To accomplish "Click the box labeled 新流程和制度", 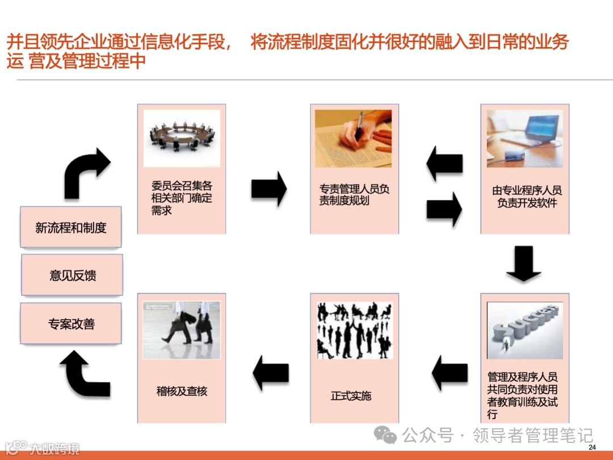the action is tap(70, 228).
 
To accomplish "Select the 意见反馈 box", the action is tap(72, 275).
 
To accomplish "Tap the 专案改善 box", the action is tap(71, 324).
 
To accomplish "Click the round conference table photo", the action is tap(182, 138).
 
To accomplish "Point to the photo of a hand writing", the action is tap(353, 139).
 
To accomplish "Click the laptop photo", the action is tap(524, 139).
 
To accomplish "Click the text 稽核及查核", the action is tap(182, 391).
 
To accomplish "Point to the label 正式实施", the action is tap(351, 396).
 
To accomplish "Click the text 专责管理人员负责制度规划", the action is tap(354, 194).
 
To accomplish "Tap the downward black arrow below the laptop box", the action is tap(523, 264).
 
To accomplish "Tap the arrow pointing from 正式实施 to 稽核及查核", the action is tap(271, 373).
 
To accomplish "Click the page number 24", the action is tap(592, 449).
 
